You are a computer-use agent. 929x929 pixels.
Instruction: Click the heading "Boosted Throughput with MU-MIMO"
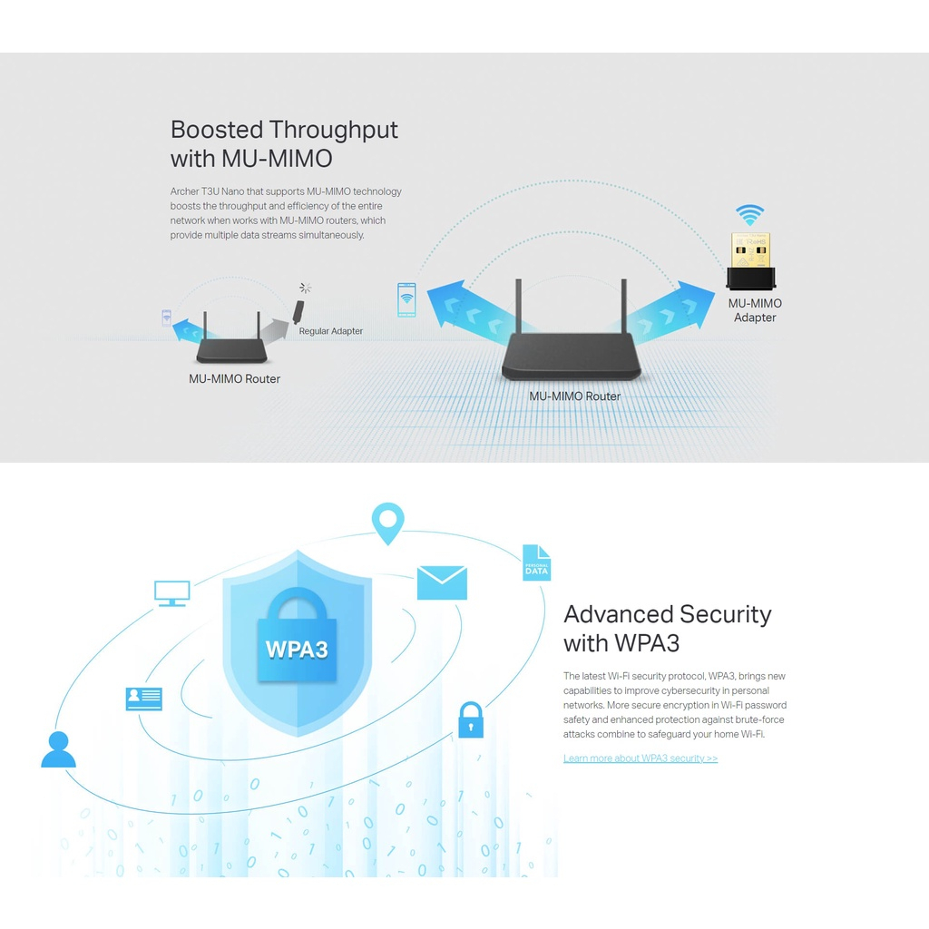[284, 144]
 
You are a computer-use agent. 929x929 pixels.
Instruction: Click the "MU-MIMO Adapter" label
[755, 310]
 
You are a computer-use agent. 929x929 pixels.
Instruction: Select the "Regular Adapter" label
[331, 331]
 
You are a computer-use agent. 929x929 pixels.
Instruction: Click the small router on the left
[232, 349]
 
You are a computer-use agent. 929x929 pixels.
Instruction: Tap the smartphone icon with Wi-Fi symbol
[406, 300]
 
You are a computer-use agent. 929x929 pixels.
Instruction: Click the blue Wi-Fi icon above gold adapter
[749, 216]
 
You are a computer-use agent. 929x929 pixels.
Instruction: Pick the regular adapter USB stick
[298, 308]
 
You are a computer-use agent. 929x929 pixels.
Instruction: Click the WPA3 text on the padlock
[297, 650]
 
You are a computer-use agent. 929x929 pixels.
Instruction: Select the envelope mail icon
[442, 582]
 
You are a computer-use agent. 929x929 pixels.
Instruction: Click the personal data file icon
[536, 563]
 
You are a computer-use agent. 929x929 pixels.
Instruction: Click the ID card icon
[144, 699]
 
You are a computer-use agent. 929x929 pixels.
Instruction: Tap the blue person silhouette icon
[59, 749]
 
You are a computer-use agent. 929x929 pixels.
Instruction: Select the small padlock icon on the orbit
[471, 720]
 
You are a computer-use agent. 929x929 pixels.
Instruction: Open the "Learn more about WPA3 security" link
[641, 758]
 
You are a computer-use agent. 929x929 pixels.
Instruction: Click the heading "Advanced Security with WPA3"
[667, 629]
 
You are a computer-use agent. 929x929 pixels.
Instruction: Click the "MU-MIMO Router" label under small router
[234, 378]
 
